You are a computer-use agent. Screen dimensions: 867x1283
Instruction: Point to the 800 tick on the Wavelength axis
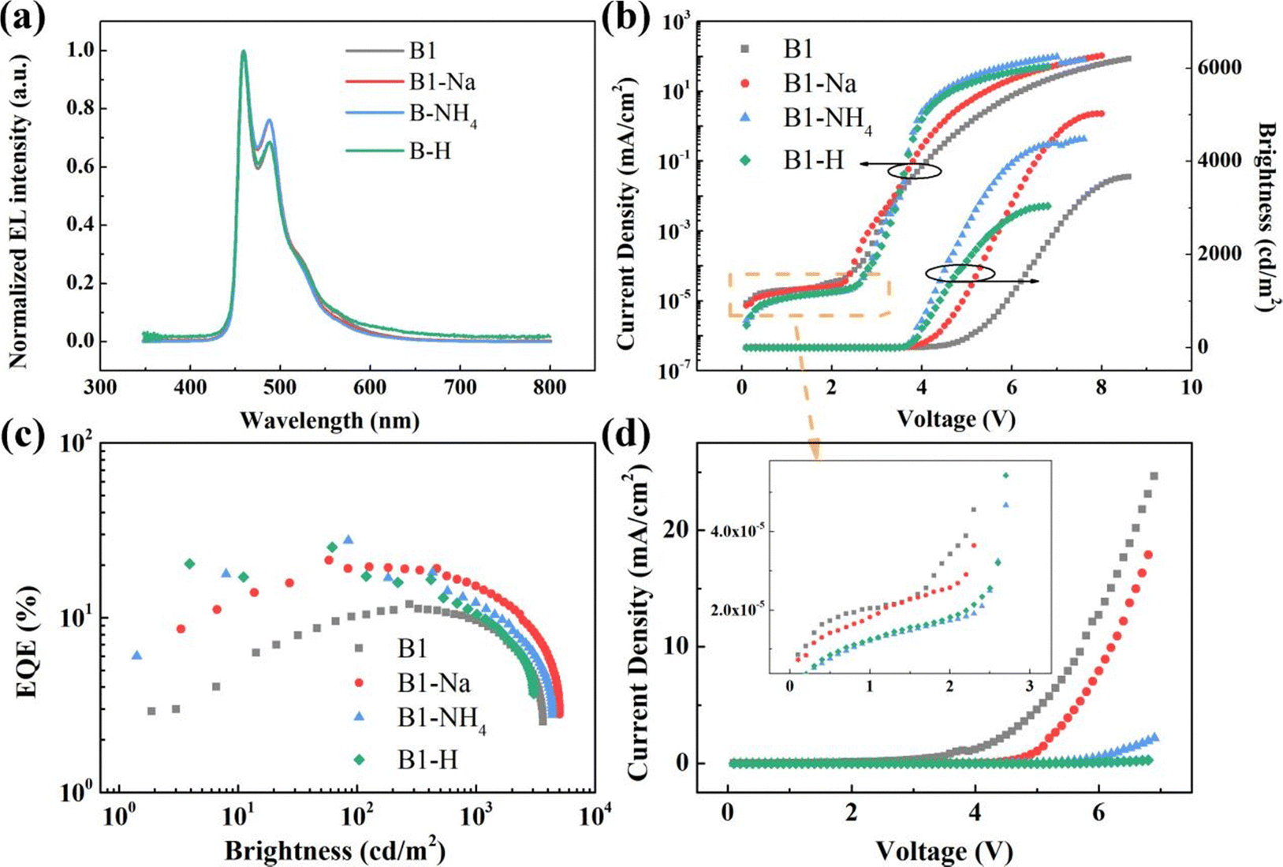(550, 387)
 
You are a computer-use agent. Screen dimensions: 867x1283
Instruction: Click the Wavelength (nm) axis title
(330, 419)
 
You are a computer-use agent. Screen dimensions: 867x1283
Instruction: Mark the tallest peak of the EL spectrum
(244, 52)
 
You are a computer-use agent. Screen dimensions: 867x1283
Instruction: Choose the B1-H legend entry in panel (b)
(813, 160)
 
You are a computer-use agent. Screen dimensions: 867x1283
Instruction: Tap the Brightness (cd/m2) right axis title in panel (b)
(1265, 217)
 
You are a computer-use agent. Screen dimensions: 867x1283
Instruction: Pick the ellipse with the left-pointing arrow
(914, 170)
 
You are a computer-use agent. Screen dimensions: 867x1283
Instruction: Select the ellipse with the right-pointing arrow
(960, 273)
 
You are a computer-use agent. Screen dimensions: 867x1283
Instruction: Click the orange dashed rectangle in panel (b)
(810, 294)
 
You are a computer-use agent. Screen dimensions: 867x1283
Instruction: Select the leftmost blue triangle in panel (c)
(136, 656)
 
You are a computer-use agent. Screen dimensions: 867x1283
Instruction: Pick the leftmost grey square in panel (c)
(151, 711)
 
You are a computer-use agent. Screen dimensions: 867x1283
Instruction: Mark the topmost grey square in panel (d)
(1154, 476)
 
